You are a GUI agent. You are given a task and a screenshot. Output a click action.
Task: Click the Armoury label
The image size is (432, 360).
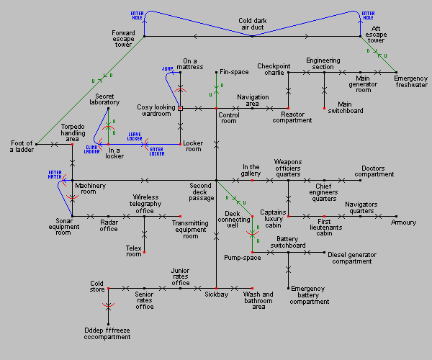point(403,222)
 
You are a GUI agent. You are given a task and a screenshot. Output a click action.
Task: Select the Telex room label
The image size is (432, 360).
point(134,250)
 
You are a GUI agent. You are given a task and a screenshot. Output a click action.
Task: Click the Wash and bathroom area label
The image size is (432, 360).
point(258,299)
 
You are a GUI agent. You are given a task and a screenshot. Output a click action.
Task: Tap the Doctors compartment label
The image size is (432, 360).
point(377,174)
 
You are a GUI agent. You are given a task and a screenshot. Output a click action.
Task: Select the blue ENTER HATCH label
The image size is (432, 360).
point(56,175)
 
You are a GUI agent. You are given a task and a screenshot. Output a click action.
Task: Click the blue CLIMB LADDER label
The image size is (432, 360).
point(92,150)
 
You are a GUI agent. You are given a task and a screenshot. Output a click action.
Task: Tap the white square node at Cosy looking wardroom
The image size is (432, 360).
point(180,108)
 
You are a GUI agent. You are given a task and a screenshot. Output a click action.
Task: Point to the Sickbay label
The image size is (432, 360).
point(216,294)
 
